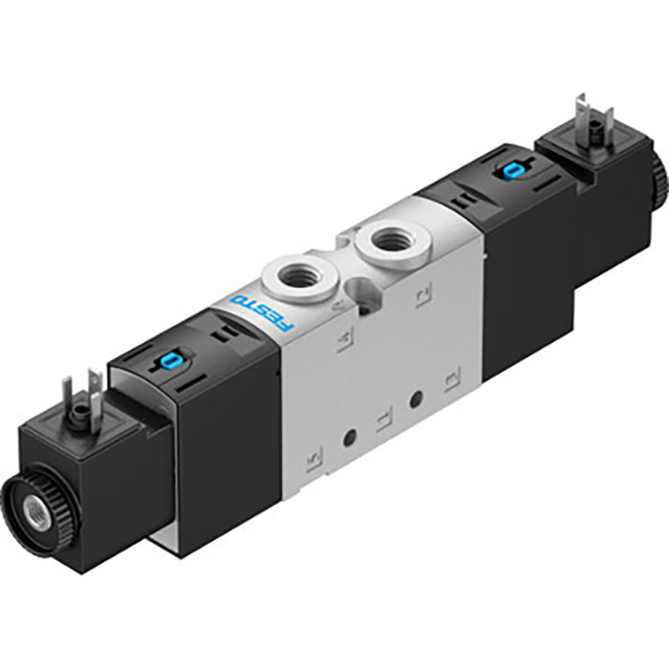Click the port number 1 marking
tap(383, 418)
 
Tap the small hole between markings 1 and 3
tap(416, 397)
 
